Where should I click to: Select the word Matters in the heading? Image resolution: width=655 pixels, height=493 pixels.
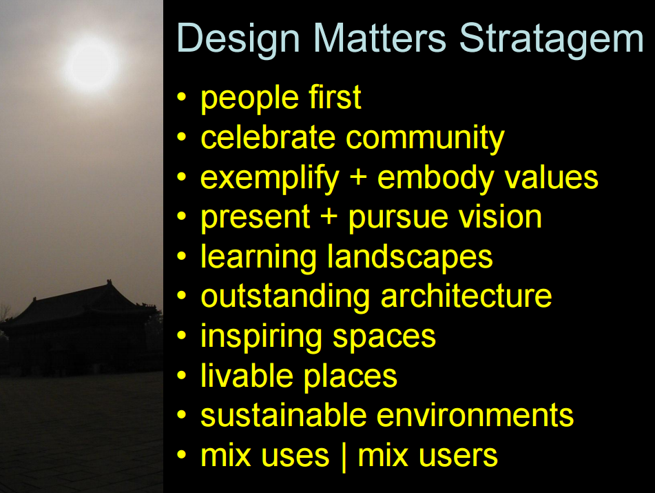(380, 38)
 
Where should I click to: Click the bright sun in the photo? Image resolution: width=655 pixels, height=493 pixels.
(91, 65)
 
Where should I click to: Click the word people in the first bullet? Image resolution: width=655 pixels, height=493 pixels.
(250, 99)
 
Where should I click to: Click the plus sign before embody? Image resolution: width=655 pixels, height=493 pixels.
(358, 178)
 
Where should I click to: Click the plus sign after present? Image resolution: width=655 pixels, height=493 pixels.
(329, 217)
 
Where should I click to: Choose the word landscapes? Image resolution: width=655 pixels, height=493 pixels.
(410, 258)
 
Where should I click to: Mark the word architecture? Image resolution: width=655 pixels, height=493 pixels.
(466, 296)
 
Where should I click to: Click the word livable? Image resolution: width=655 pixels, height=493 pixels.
(247, 375)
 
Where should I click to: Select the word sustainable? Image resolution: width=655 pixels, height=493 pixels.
(284, 415)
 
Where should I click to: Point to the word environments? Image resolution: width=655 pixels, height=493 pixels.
(475, 415)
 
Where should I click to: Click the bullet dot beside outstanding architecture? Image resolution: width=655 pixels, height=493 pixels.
(181, 295)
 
